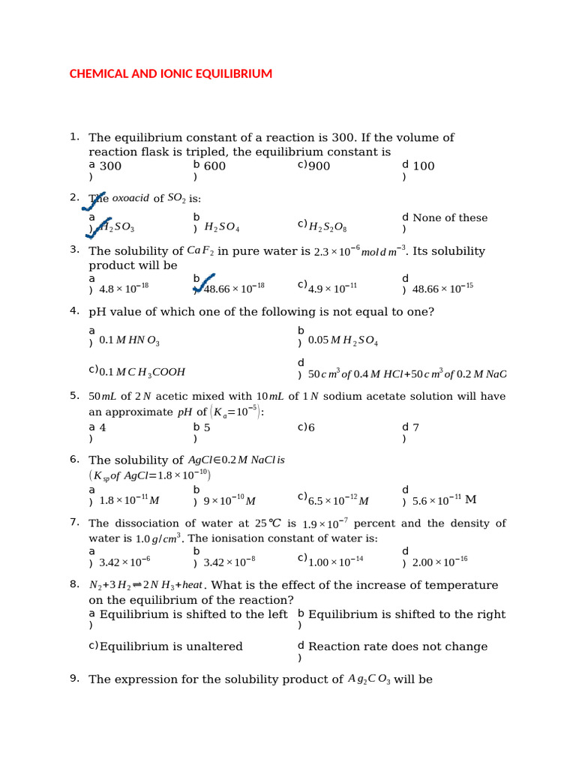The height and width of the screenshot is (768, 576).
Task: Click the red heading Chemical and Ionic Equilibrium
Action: [x=170, y=73]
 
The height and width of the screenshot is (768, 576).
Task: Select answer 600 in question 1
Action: [x=214, y=166]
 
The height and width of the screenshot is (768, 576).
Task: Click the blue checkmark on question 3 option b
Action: [x=204, y=284]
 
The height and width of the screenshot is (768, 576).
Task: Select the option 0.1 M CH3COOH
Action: [x=142, y=371]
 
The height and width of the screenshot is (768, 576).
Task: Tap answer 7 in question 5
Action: [x=415, y=427]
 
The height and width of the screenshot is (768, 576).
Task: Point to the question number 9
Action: [x=74, y=679]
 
